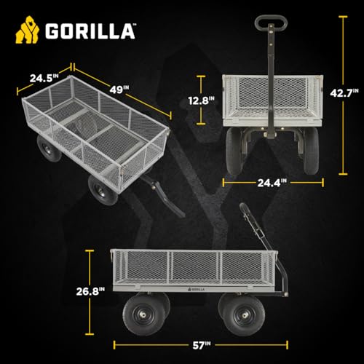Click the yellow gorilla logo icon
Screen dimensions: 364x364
[27, 30]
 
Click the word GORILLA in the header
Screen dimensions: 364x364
[90, 31]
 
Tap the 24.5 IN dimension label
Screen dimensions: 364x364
[44, 78]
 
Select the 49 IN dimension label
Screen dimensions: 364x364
[119, 90]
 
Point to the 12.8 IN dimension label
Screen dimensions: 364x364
[202, 100]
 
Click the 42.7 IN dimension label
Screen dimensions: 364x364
[344, 92]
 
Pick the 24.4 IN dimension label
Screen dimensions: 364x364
[272, 183]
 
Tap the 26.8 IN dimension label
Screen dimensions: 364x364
[90, 291]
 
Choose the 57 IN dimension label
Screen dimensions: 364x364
[202, 345]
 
